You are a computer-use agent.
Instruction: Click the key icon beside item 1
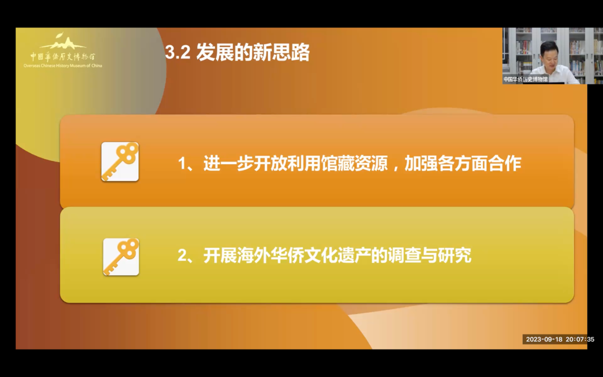tap(120, 161)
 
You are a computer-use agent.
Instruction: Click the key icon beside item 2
tap(121, 256)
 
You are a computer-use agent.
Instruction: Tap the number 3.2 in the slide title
tap(178, 53)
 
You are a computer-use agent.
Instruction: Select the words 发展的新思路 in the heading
tap(253, 53)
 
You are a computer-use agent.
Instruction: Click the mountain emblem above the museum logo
tap(63, 41)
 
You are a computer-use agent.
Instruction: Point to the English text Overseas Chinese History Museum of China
tap(63, 66)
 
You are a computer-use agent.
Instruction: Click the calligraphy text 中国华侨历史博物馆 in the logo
tap(63, 57)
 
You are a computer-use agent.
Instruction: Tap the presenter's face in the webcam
tap(549, 54)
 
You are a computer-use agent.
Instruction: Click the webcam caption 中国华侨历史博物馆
tap(525, 79)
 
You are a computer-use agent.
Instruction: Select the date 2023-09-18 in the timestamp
tap(544, 340)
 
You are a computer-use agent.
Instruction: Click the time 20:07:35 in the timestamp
tap(580, 340)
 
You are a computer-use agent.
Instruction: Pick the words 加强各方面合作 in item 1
tap(463, 164)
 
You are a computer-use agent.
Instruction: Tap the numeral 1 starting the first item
tap(182, 164)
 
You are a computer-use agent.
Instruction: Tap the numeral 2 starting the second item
tap(182, 256)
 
